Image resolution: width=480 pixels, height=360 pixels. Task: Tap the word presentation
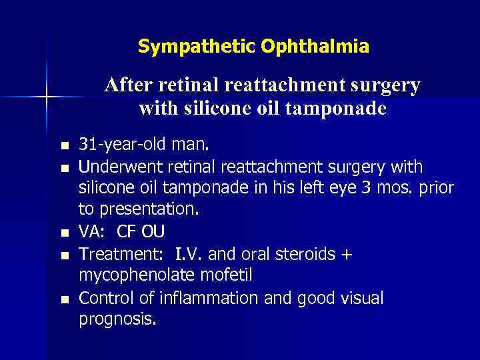pos(149,210)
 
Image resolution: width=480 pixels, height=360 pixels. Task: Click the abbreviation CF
pos(127,232)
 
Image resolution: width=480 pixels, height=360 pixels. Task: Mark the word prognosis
pos(117,320)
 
